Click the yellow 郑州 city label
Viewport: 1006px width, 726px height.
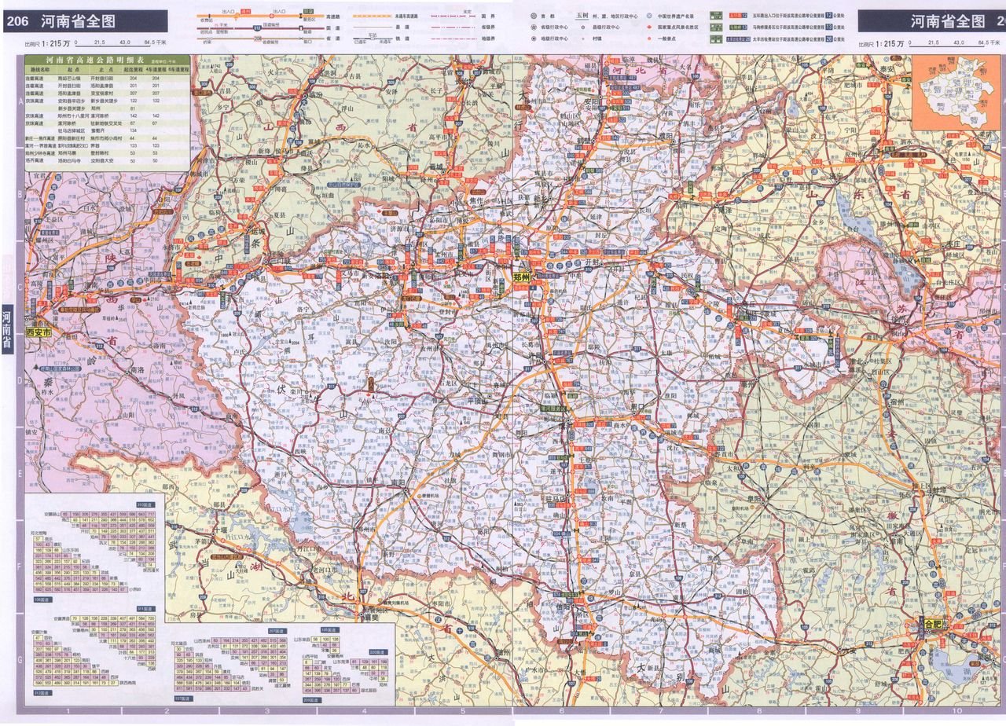(x=523, y=277)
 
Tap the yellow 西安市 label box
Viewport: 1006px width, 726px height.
(x=39, y=332)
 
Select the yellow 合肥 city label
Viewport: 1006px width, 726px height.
(x=933, y=624)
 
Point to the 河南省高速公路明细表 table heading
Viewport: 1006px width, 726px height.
(x=107, y=60)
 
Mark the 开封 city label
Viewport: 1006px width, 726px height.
(x=592, y=261)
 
